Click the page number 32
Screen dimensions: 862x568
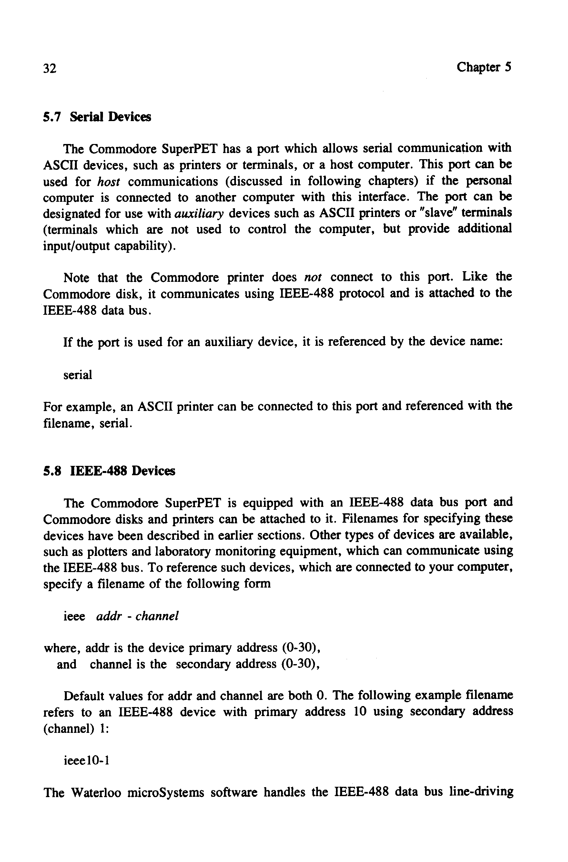tap(50, 68)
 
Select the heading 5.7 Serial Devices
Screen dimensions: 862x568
tap(97, 117)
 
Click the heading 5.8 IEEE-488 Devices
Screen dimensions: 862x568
tap(109, 471)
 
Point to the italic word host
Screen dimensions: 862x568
tap(109, 181)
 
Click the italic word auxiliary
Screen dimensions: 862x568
tap(199, 213)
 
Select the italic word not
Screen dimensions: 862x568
tap(313, 278)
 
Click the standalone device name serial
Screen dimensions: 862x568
tap(77, 375)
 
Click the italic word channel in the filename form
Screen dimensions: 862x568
tap(157, 616)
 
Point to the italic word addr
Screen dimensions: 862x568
tap(109, 616)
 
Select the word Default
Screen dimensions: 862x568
tap(85, 696)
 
